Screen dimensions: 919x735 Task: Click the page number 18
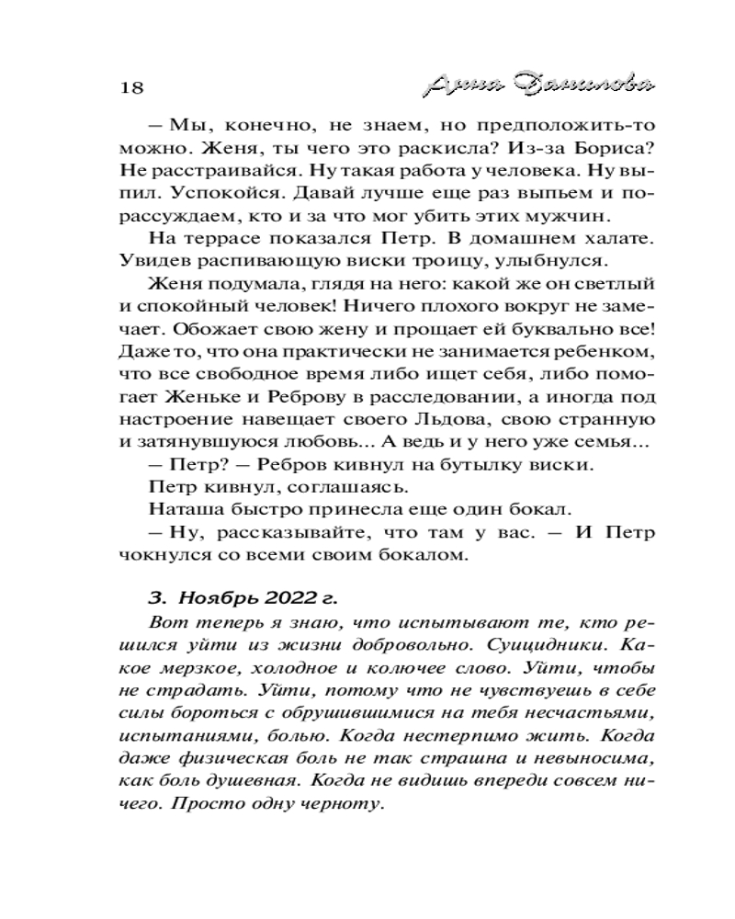[x=132, y=87]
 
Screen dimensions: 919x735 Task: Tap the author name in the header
[x=540, y=85]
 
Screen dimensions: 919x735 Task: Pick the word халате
[x=610, y=242]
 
